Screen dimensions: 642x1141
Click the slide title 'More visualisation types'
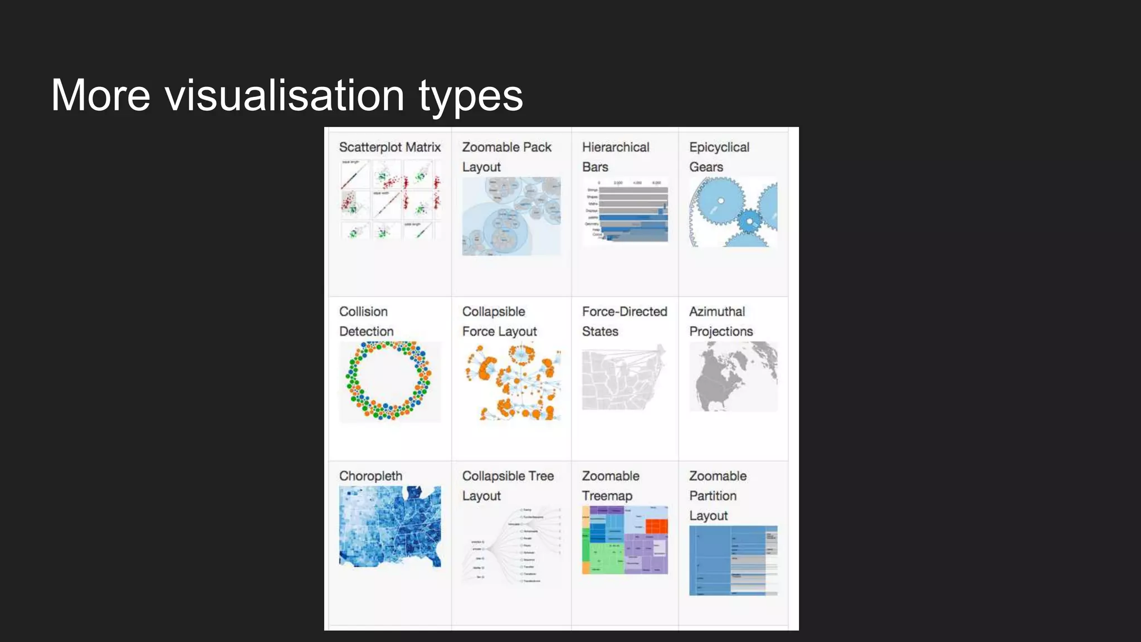[287, 95]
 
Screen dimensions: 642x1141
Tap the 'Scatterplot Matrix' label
[389, 147]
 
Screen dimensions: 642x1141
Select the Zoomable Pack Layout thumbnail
[511, 216]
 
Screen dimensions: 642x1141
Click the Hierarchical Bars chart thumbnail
[625, 211]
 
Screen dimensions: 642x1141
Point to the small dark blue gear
[749, 221]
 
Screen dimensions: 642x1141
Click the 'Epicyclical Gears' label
[719, 157]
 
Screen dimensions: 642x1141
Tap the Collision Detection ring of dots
[389, 381]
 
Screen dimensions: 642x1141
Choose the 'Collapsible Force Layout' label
[499, 322]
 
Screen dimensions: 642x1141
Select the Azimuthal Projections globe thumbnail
[733, 377]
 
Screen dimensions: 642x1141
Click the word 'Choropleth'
[370, 476]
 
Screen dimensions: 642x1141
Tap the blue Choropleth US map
[389, 526]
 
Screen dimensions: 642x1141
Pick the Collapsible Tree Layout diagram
[511, 545]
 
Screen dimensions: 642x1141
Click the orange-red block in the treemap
[656, 526]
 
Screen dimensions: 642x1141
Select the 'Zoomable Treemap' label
[610, 486]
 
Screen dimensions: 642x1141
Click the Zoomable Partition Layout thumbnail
[733, 560]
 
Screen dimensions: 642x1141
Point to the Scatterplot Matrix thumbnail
[389, 199]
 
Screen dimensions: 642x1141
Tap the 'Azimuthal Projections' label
[720, 322]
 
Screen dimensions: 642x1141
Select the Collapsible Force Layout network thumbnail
[511, 382]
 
